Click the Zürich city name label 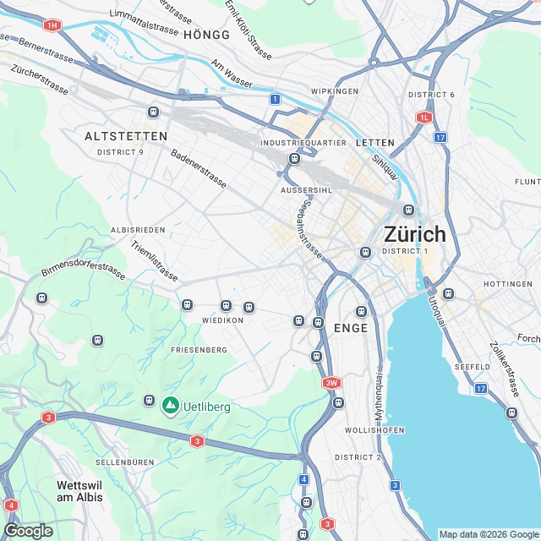pyautogui.click(x=414, y=233)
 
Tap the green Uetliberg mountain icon pyautogui.click(x=171, y=406)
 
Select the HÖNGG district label pyautogui.click(x=206, y=35)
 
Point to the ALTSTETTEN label pyautogui.click(x=127, y=135)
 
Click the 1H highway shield pyautogui.click(x=53, y=25)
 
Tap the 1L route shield pyautogui.click(x=424, y=117)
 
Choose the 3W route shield pyautogui.click(x=331, y=383)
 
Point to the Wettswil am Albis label pyautogui.click(x=79, y=491)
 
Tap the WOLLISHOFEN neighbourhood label pyautogui.click(x=372, y=430)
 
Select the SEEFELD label pyautogui.click(x=472, y=367)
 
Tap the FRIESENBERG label pyautogui.click(x=199, y=349)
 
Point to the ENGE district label pyautogui.click(x=351, y=328)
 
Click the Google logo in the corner pyautogui.click(x=28, y=530)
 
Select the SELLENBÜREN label pyautogui.click(x=124, y=462)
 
